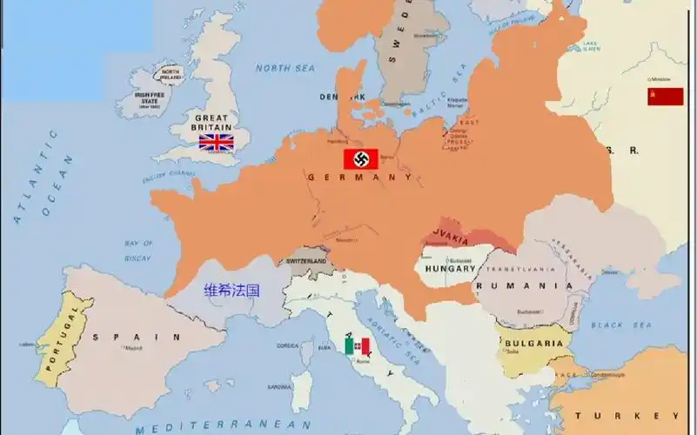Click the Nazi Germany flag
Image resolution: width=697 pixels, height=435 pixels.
tap(358, 159)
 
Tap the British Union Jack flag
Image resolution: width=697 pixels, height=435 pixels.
tap(216, 142)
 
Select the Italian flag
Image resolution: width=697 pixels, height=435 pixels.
tap(358, 346)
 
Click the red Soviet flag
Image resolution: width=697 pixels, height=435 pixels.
tap(665, 97)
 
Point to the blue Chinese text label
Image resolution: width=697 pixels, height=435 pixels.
tap(231, 291)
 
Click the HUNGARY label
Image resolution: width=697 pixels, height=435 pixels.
tap(450, 269)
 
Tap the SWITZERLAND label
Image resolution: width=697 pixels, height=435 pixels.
tap(305, 261)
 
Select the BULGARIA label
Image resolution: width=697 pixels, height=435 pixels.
tap(533, 343)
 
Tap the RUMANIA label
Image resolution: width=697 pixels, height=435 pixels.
tap(523, 285)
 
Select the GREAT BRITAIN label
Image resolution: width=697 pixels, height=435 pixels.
tap(211, 123)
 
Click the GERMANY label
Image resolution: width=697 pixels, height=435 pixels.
tap(359, 177)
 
